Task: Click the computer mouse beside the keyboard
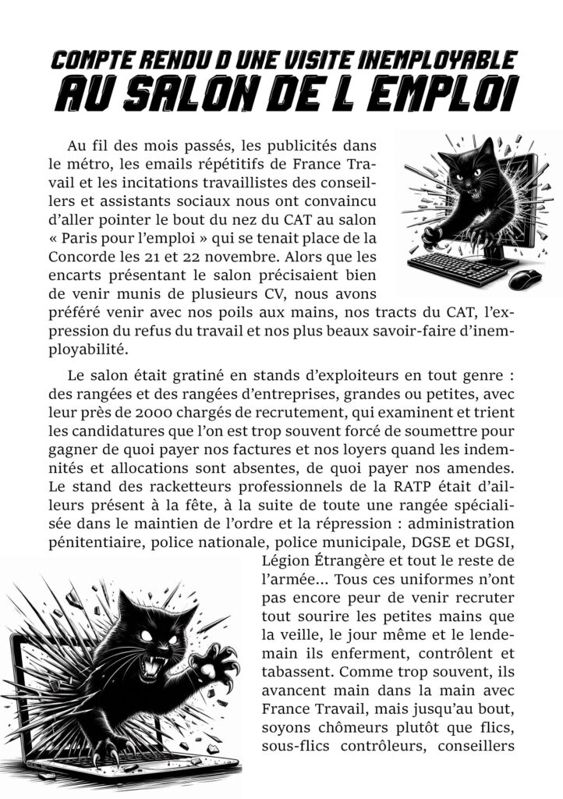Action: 526,279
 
